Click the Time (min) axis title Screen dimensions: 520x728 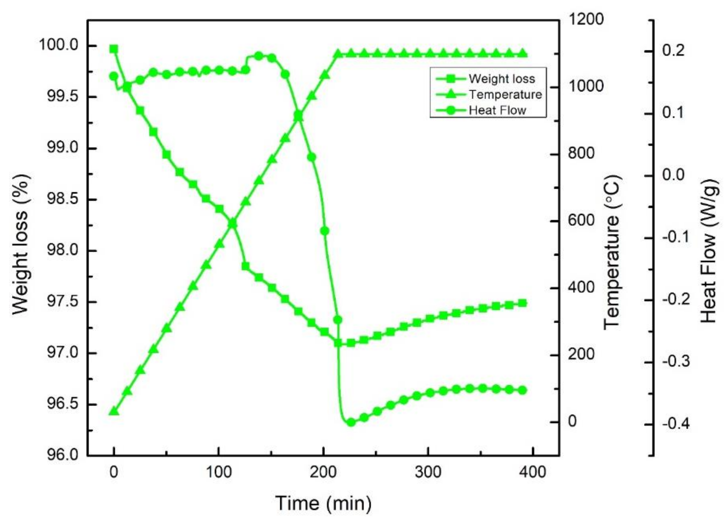coord(323,503)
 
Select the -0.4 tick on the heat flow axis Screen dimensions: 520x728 coord(676,424)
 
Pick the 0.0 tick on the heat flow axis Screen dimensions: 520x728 coord(673,175)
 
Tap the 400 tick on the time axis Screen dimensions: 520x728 coord(532,472)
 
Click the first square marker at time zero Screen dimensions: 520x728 coord(114,49)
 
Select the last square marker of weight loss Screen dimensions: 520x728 coord(522,303)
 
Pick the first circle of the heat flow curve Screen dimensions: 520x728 coord(114,76)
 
